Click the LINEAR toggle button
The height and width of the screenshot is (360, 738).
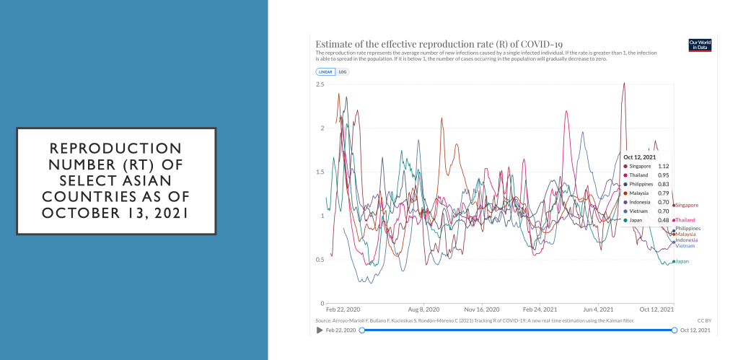coord(325,72)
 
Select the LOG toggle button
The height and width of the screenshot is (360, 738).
coord(343,72)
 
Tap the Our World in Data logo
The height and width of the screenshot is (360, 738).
coord(700,45)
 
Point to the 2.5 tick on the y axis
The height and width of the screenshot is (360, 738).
coord(320,84)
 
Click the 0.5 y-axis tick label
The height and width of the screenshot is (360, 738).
coord(320,260)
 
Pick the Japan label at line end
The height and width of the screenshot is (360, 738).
coord(682,261)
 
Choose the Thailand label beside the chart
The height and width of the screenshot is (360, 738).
coord(685,220)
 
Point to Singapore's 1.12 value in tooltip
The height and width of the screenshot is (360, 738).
coord(664,166)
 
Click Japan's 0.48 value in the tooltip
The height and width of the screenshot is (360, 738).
coord(664,220)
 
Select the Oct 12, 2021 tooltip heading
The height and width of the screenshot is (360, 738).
coord(639,157)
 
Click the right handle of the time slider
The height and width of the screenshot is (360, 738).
coord(675,330)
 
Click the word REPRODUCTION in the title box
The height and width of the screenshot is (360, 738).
coord(116,147)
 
